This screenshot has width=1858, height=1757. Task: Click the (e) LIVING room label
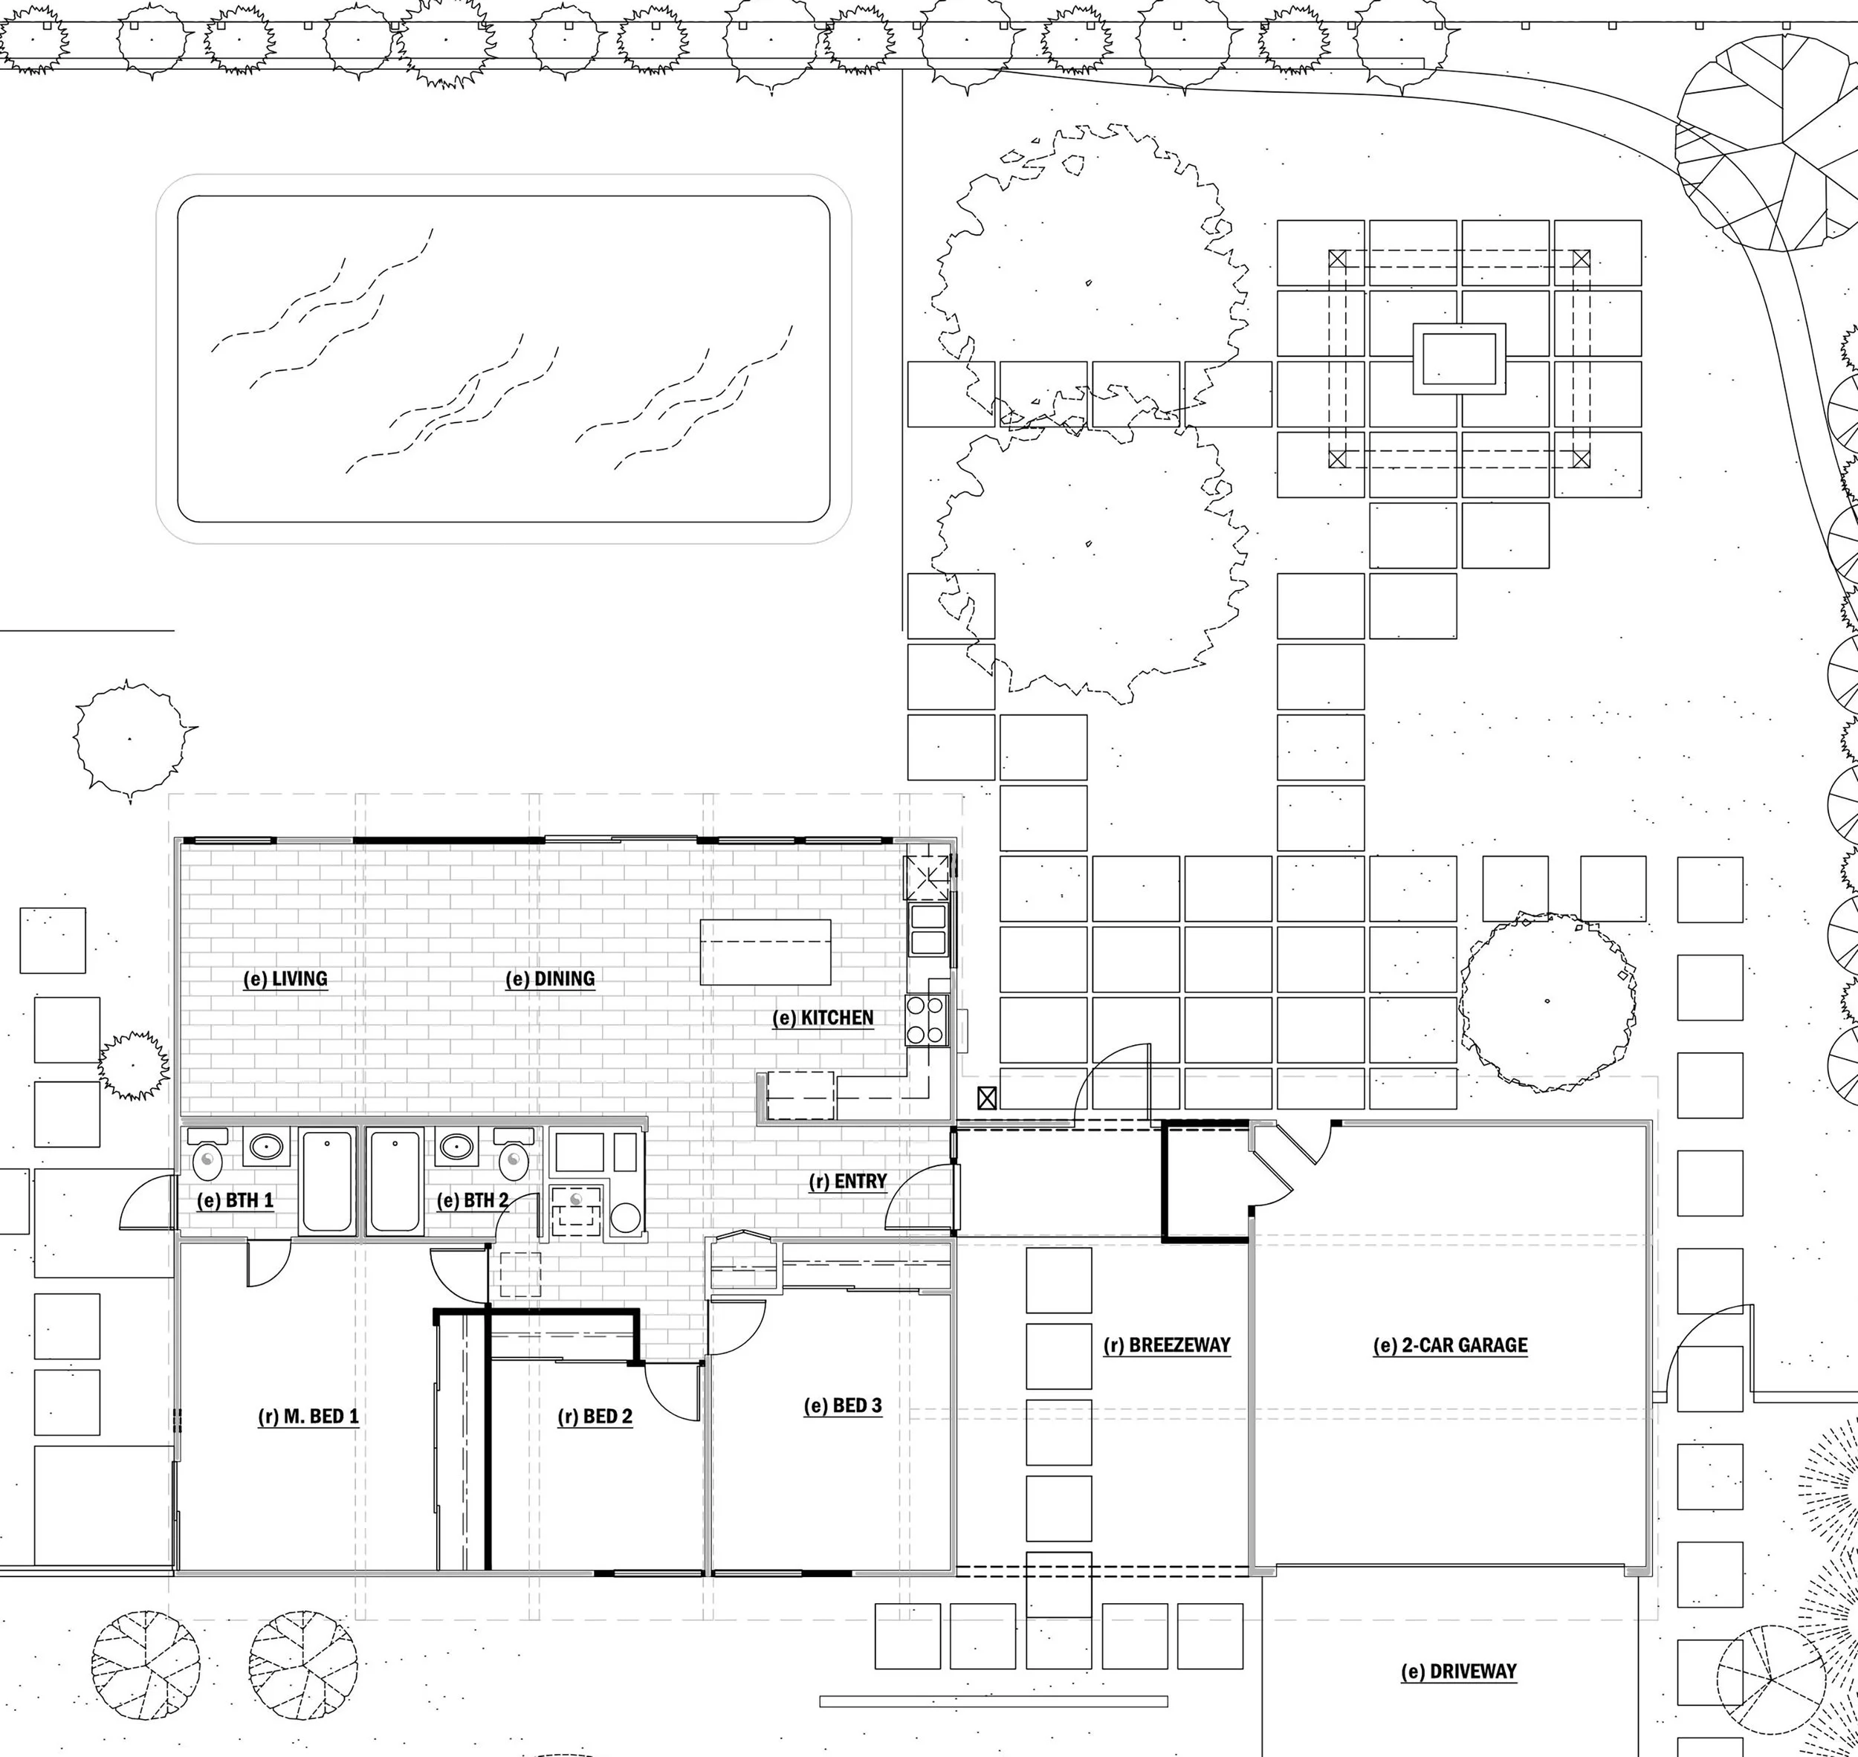pyautogui.click(x=285, y=980)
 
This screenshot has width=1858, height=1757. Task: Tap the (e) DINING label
pyautogui.click(x=550, y=980)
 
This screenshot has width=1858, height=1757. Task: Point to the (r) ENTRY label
pyautogui.click(x=847, y=1182)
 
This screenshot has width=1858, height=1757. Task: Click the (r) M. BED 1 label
pyautogui.click(x=308, y=1416)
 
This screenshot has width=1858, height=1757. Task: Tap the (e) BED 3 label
pyautogui.click(x=843, y=1405)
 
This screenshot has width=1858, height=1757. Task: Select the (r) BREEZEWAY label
pyautogui.click(x=1166, y=1346)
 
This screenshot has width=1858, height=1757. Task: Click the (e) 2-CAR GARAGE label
pyautogui.click(x=1450, y=1346)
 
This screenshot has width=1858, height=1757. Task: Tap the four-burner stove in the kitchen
pyautogui.click(x=926, y=1020)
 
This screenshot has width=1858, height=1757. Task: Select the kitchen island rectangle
pyautogui.click(x=765, y=951)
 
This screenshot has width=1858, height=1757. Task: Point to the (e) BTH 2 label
pyautogui.click(x=472, y=1200)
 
